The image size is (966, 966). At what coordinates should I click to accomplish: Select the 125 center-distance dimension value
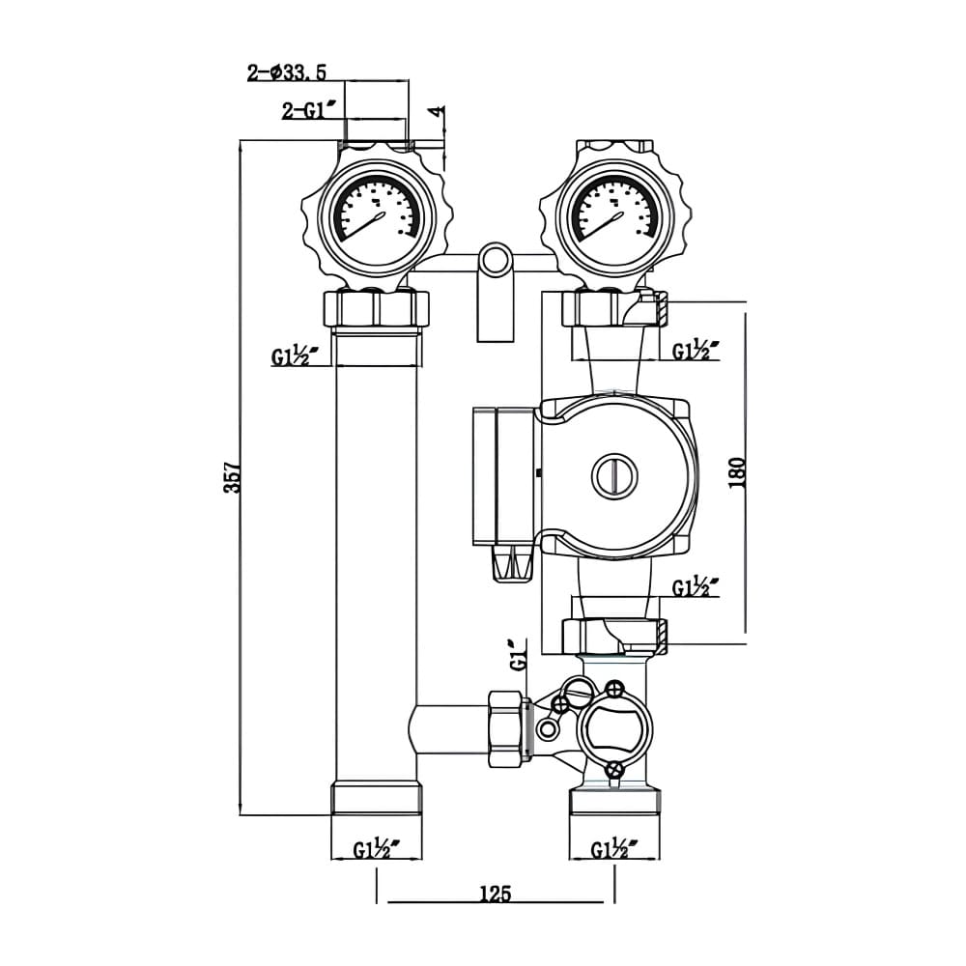(x=495, y=893)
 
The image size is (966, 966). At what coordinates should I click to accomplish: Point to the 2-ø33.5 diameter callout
(x=287, y=71)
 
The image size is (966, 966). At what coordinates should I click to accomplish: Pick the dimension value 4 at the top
(x=438, y=112)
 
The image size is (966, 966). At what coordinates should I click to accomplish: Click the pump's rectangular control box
(x=501, y=473)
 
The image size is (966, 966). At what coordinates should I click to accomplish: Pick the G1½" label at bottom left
(x=377, y=850)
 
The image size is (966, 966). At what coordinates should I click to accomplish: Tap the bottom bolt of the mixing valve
(x=613, y=769)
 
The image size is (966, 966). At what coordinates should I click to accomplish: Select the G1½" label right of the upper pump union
(x=696, y=350)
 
